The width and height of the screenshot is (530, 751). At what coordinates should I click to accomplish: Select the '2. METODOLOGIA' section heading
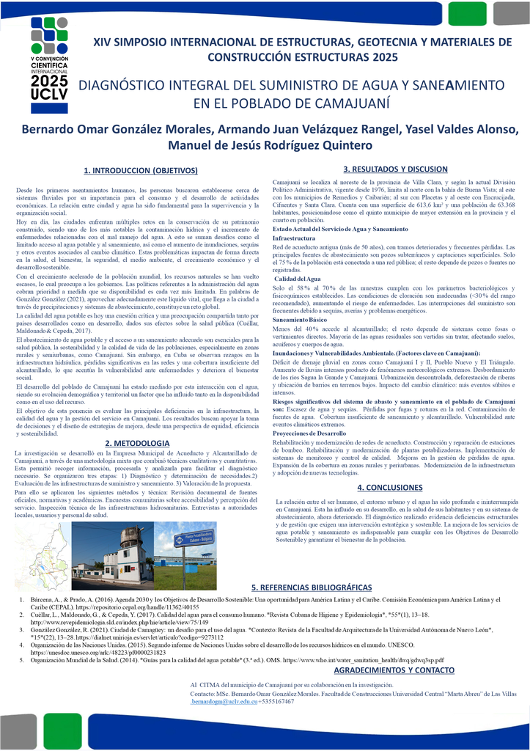coord(137,443)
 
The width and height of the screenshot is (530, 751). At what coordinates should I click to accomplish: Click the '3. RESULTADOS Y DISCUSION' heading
coord(395,169)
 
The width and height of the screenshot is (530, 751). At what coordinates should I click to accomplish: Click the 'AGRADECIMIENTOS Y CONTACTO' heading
coord(394,670)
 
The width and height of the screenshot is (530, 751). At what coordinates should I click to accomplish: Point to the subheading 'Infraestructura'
coord(294,238)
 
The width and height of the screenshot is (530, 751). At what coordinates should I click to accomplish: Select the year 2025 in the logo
coord(49,80)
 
